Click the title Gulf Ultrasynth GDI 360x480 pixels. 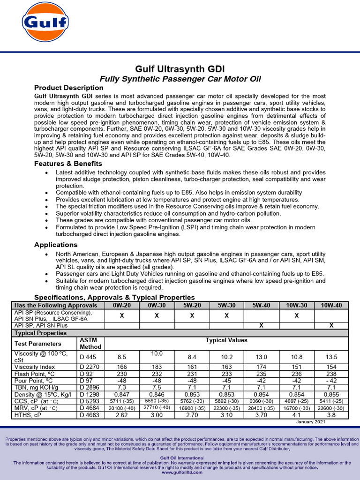[x=180, y=69]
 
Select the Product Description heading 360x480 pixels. [x=69, y=88]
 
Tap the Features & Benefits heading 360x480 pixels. [x=68, y=164]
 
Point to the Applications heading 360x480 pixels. [x=56, y=245]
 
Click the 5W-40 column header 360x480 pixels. [x=261, y=305]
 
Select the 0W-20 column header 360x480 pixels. [x=121, y=305]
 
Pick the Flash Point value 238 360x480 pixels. [x=331, y=375]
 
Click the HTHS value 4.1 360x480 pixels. [x=296, y=415]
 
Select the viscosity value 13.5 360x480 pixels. [x=331, y=357]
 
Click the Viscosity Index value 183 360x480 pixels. [x=157, y=367]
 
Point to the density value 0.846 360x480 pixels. [x=157, y=395]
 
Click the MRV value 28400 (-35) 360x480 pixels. [x=261, y=408]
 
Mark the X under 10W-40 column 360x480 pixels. [x=331, y=325]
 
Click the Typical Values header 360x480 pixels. [x=226, y=340]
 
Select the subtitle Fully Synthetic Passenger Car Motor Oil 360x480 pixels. [x=180, y=78]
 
